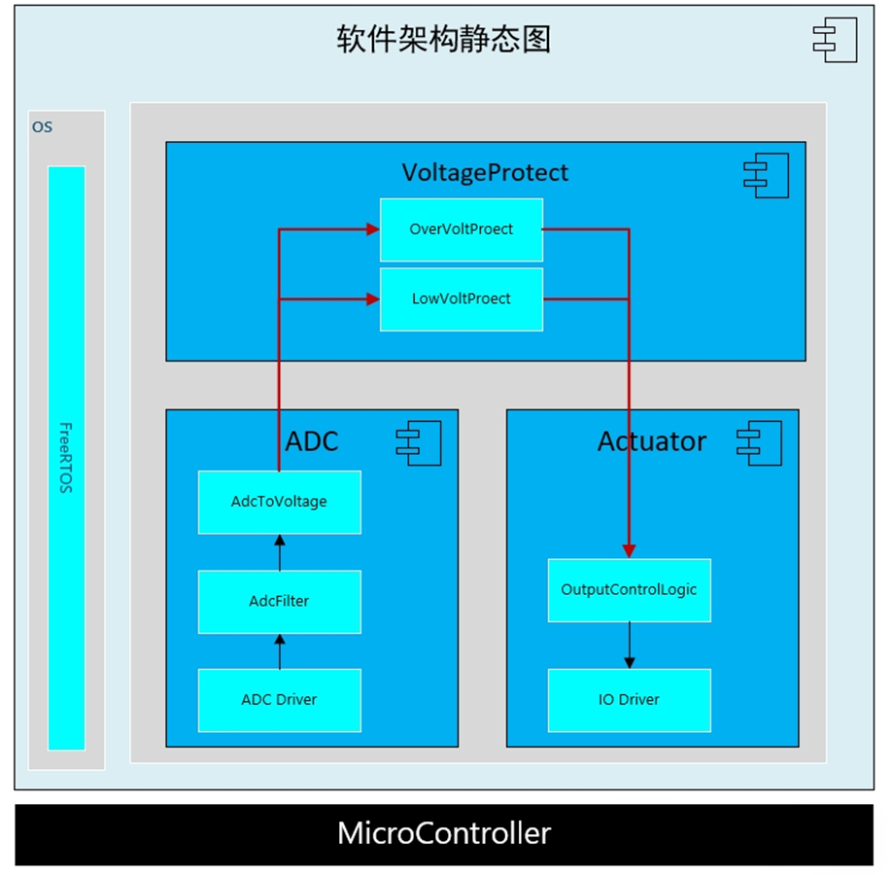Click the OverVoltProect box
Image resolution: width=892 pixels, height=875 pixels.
(462, 229)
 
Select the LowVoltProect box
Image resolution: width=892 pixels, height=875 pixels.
(462, 298)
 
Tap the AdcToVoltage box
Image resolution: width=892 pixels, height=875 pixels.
(279, 502)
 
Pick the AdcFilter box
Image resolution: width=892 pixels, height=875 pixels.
(279, 601)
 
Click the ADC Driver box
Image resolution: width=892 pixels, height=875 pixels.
(279, 699)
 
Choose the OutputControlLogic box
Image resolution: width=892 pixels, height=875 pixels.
(629, 589)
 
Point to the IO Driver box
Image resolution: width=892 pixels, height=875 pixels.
(629, 699)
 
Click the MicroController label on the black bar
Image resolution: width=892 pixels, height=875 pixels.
(444, 833)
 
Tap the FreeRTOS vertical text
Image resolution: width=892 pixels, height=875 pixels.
(66, 457)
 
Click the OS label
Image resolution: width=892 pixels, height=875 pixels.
(42, 126)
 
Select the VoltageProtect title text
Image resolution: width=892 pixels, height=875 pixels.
(485, 172)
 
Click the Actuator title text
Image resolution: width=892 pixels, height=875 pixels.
(651, 440)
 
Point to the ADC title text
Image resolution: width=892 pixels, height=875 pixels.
(312, 440)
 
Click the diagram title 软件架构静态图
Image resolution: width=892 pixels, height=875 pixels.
(444, 39)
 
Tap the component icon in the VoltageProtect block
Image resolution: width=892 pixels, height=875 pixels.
(766, 175)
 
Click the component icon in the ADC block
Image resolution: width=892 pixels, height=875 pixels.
(418, 442)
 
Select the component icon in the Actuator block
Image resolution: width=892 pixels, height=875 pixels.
(759, 442)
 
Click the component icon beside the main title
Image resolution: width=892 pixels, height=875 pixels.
(835, 40)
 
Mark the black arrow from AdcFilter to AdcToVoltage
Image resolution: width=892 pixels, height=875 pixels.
(279, 552)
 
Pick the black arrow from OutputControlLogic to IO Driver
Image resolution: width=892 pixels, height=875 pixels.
(629, 645)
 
